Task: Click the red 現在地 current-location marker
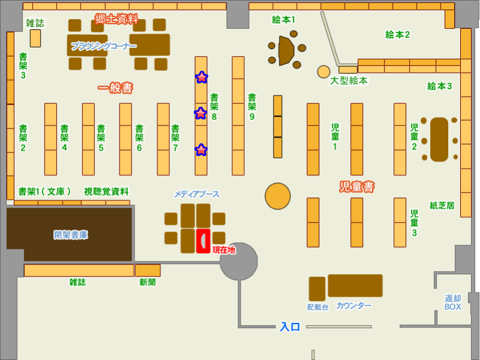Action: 203,241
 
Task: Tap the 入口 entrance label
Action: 290,327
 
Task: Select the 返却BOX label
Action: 453,302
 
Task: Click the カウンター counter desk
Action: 355,286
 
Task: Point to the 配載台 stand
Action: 317,289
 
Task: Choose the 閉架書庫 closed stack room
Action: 70,235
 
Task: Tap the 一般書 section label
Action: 115,88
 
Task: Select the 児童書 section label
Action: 356,187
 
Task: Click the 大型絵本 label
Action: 349,80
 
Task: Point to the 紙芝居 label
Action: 442,205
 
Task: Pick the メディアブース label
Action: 197,194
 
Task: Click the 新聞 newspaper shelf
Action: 148,270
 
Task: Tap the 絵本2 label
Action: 397,35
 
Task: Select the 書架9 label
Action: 252,107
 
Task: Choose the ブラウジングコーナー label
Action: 104,46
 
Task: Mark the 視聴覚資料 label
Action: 106,191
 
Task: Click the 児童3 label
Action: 414,223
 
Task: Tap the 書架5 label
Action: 101,138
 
